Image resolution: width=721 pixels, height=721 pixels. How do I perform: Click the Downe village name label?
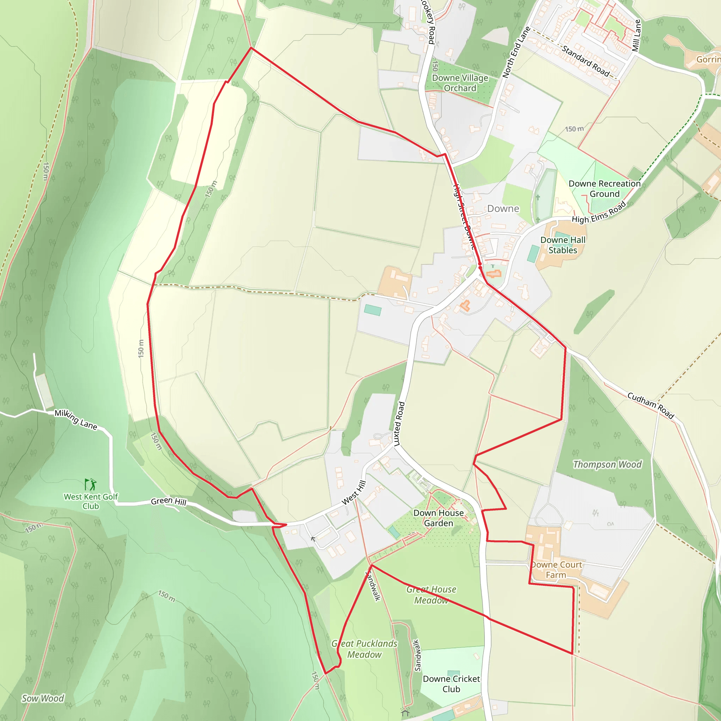(503, 209)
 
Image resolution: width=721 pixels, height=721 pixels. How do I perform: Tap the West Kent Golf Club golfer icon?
(90, 484)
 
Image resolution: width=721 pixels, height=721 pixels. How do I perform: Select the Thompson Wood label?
(607, 464)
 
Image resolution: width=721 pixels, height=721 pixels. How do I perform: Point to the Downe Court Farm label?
(556, 570)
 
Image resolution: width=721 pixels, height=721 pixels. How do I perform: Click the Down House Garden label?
(439, 518)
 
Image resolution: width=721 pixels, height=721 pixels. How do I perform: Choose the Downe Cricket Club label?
(451, 684)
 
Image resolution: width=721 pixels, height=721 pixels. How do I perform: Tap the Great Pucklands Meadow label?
(364, 649)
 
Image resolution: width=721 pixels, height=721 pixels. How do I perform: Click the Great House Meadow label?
(431, 595)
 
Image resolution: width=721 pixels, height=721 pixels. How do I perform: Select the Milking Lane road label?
(76, 419)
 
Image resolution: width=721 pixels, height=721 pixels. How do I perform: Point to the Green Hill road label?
(168, 501)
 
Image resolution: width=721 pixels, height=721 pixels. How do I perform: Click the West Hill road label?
(353, 493)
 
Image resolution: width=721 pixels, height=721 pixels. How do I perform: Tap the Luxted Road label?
(399, 424)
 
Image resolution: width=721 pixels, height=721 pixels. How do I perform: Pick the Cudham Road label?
(651, 406)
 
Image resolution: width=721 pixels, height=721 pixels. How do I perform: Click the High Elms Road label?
(598, 213)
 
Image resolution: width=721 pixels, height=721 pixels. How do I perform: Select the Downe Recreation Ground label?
(604, 188)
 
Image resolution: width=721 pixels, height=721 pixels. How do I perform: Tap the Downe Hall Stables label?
(563, 245)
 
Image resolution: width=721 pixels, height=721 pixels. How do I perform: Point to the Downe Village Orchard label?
(460, 83)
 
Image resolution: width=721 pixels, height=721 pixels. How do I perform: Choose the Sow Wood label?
(43, 698)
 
